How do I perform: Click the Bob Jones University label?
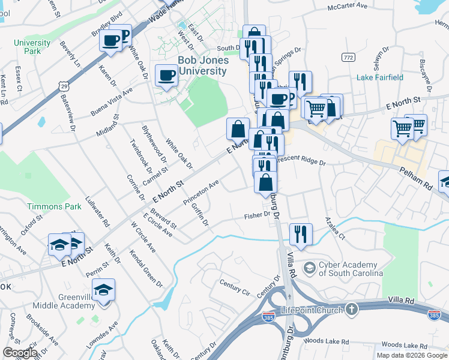click(202, 66)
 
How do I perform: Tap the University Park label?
click(32, 47)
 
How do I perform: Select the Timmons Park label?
click(53, 206)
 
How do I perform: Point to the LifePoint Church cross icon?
click(351, 309)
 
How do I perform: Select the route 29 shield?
click(64, 87)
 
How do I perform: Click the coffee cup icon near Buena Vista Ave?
click(166, 76)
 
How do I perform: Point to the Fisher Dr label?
click(258, 215)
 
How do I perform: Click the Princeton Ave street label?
click(205, 191)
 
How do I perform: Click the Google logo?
click(20, 353)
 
